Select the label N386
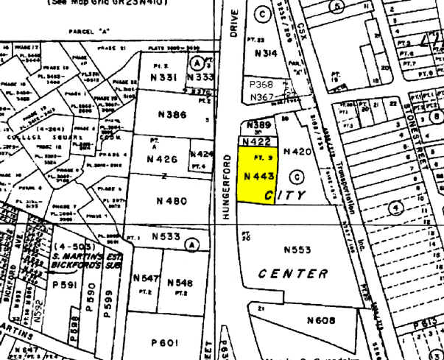pyautogui.click(x=172, y=115)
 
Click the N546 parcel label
pyautogui.click(x=180, y=282)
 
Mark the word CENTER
pyautogui.click(x=293, y=274)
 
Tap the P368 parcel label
pyautogui.click(x=261, y=85)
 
